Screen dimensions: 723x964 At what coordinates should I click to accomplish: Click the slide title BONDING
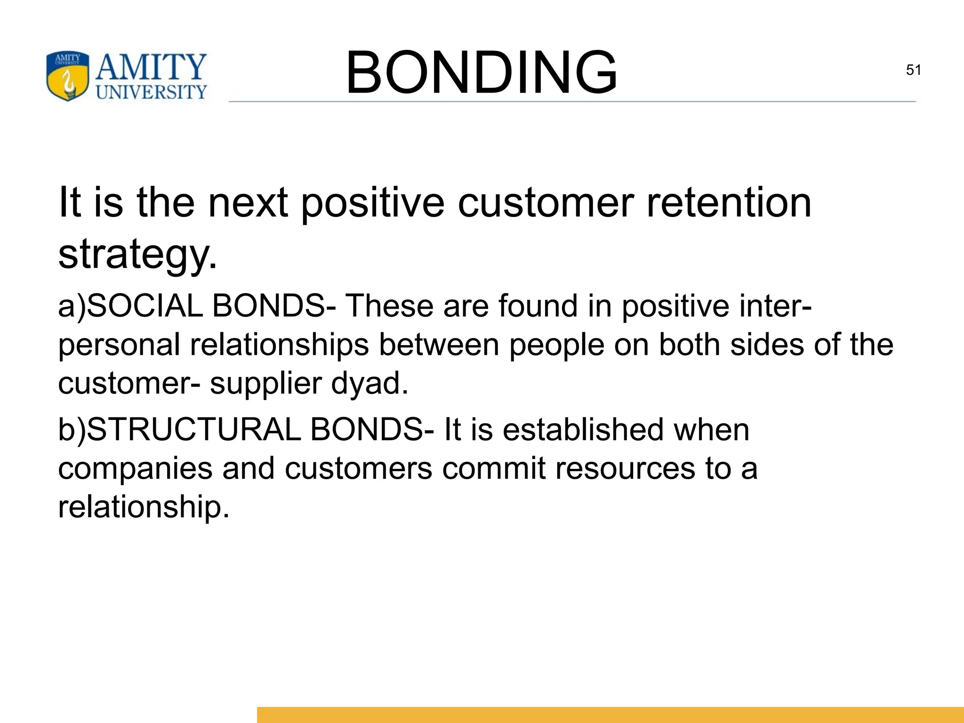(481, 73)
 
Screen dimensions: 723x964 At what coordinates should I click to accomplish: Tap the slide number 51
(913, 70)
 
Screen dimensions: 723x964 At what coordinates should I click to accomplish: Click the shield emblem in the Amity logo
(67, 76)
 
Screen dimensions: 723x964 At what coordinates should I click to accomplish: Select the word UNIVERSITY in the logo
(152, 92)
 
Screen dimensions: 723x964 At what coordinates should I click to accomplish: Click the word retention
(729, 203)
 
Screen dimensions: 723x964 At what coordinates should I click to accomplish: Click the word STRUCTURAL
(193, 430)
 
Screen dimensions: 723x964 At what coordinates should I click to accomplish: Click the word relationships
(279, 345)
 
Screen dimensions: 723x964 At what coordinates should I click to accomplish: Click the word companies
(135, 469)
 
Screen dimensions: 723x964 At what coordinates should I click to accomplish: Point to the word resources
(625, 469)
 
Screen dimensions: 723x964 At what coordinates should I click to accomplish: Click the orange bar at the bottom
(610, 715)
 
